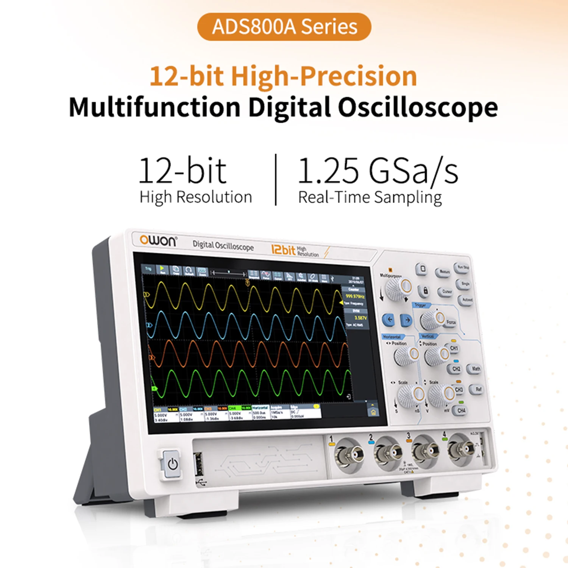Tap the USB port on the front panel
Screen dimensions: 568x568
coord(198,463)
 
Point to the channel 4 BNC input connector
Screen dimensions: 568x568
coord(460,449)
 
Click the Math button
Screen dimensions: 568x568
coord(476,368)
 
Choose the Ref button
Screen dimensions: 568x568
coord(478,389)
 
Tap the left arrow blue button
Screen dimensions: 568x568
coord(389,320)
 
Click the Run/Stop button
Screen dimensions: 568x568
coord(463,267)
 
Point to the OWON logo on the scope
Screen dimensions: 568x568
coord(158,240)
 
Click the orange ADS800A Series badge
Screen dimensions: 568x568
coord(284,27)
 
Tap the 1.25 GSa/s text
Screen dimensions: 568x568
coord(378,171)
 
